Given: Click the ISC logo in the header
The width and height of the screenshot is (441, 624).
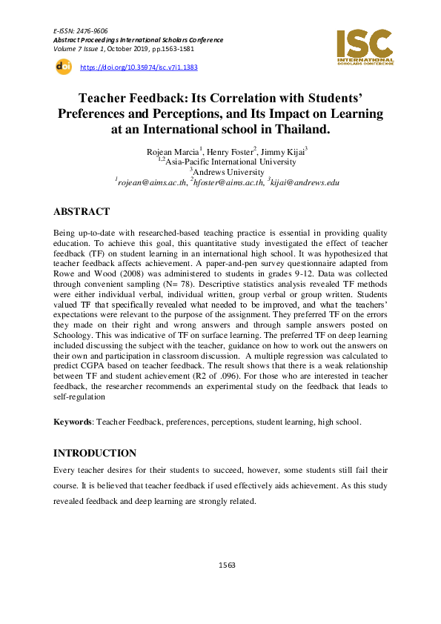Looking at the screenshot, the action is click(365, 46).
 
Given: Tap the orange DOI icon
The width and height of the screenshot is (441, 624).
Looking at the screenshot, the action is click(63, 67).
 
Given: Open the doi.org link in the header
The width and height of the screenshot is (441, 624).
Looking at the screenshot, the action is click(139, 67).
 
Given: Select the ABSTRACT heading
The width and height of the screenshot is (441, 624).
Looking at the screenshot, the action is click(82, 211).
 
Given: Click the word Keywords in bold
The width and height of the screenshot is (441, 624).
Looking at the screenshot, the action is click(73, 422).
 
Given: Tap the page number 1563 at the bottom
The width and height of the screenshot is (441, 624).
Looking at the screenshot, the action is click(227, 565).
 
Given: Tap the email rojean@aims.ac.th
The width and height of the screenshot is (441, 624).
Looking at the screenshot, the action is click(153, 182).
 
